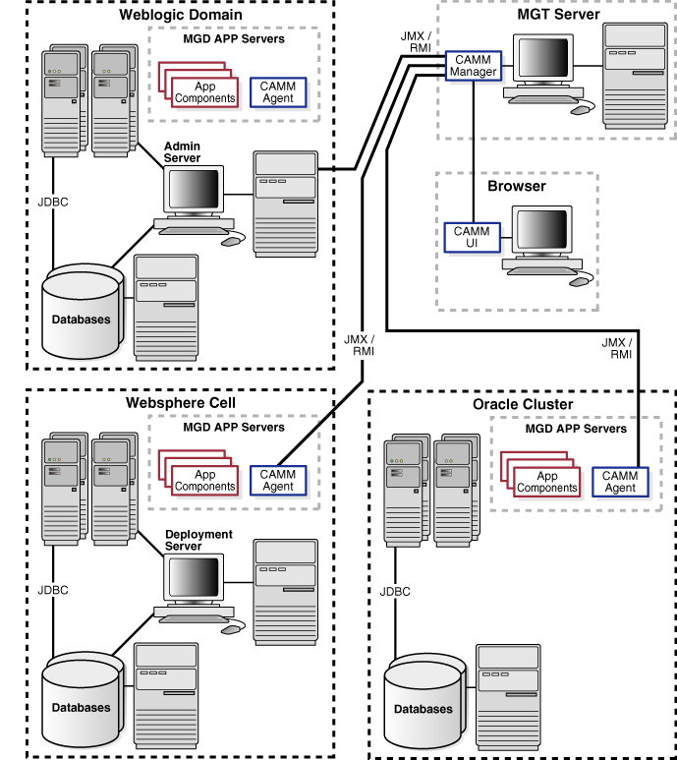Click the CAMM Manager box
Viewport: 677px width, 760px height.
(473, 65)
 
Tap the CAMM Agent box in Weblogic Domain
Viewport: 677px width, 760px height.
(278, 92)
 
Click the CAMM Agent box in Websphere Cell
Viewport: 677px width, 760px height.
(278, 480)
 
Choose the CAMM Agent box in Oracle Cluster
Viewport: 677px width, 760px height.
(620, 482)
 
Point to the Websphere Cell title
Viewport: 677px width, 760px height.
(181, 403)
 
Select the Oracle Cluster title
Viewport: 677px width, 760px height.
(523, 404)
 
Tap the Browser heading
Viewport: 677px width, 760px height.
(516, 186)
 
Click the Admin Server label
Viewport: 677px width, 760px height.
(182, 152)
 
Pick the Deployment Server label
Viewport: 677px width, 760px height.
(198, 540)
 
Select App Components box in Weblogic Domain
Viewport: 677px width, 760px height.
(204, 92)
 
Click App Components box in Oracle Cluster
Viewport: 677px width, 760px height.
(546, 482)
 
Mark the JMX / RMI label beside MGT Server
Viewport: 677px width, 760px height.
(414, 42)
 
